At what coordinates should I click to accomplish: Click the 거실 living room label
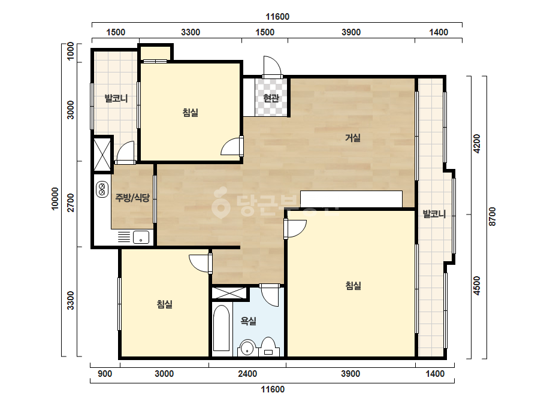(353, 138)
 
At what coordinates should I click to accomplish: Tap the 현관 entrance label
(271, 98)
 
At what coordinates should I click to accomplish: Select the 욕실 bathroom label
(248, 321)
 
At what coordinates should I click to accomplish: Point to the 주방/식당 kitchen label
(132, 198)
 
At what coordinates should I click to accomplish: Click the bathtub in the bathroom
(222, 328)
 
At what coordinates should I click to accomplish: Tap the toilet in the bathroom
(268, 347)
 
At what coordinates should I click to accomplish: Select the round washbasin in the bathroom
(247, 348)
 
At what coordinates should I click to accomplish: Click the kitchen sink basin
(141, 237)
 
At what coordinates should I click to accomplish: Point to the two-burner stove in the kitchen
(102, 189)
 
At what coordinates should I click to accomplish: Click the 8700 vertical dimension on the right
(492, 217)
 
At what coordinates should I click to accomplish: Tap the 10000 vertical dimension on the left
(55, 199)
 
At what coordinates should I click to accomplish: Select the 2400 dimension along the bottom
(247, 374)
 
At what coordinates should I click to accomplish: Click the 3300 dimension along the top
(191, 32)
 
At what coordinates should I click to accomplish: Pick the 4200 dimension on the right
(476, 143)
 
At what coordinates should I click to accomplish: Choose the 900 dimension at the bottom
(105, 374)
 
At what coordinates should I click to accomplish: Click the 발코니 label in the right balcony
(434, 214)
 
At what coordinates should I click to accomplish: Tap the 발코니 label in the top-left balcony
(116, 98)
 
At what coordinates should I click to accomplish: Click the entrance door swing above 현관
(272, 67)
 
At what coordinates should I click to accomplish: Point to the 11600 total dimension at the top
(277, 17)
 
